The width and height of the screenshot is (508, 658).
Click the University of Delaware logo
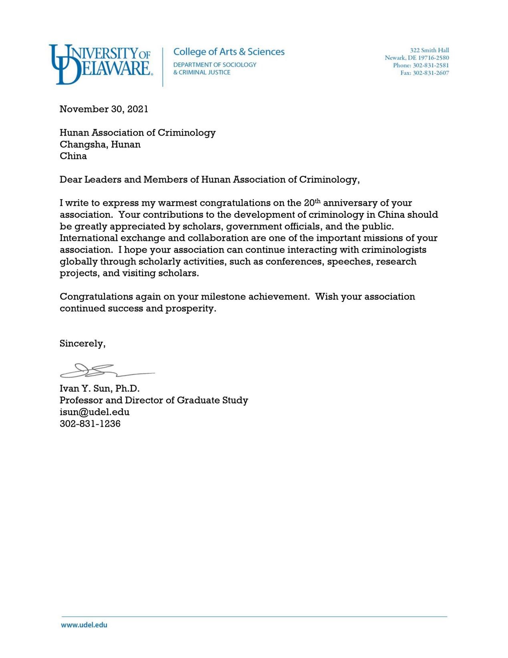(x=100, y=64)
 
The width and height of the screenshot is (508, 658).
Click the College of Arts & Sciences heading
(x=229, y=52)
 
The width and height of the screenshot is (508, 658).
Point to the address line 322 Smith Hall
(x=429, y=50)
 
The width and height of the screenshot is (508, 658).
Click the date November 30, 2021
(x=104, y=109)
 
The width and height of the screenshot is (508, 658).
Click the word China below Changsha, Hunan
(x=73, y=156)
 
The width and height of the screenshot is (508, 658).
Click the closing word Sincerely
(x=82, y=344)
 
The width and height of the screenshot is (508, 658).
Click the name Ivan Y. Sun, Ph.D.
(x=99, y=389)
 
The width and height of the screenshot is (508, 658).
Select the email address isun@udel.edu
(x=95, y=412)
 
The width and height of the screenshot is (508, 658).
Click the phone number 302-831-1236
(x=90, y=424)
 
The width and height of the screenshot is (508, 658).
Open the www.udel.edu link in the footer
(x=84, y=625)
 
